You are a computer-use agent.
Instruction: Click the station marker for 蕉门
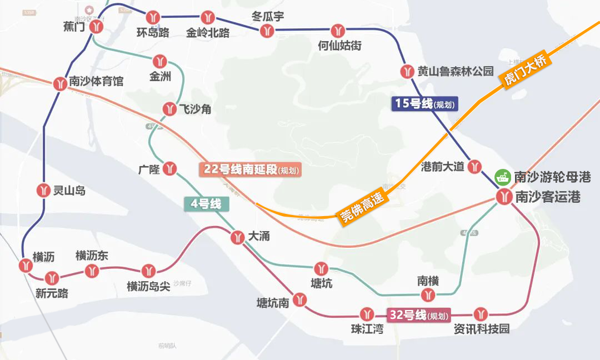pyautogui.click(x=99, y=26)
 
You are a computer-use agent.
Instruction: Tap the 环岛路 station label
pyautogui.click(x=153, y=32)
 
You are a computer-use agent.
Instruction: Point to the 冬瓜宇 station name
pyautogui.click(x=268, y=17)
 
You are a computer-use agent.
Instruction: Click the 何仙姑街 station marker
pyautogui.click(x=339, y=31)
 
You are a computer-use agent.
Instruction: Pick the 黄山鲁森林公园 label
pyautogui.click(x=456, y=71)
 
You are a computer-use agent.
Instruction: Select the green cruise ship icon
pyautogui.click(x=503, y=177)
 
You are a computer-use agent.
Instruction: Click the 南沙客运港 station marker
pyautogui.click(x=504, y=197)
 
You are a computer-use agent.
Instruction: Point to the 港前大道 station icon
pyautogui.click(x=474, y=166)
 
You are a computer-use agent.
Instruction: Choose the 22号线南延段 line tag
pyautogui.click(x=251, y=169)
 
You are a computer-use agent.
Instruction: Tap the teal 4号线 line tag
pyautogui.click(x=206, y=204)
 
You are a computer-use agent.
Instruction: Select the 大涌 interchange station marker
pyautogui.click(x=238, y=237)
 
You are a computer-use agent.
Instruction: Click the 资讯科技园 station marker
pyautogui.click(x=481, y=314)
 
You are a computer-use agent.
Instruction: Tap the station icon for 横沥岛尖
pyautogui.click(x=148, y=271)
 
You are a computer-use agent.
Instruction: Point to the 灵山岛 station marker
pyautogui.click(x=44, y=191)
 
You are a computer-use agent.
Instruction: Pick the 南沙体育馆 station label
pyautogui.click(x=96, y=82)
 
